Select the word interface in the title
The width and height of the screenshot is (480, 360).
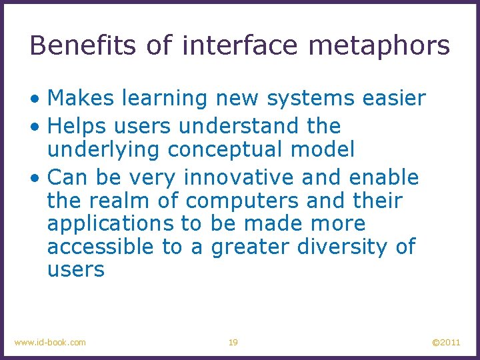point(238,45)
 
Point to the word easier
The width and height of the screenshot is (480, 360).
point(394,99)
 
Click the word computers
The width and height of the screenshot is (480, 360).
point(241,201)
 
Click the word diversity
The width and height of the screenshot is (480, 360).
point(343,247)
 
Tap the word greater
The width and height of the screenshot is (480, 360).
point(250,247)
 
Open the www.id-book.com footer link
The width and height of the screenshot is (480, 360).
point(50,343)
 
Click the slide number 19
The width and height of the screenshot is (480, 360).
point(233,343)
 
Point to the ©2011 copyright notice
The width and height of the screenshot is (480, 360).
point(446,343)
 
